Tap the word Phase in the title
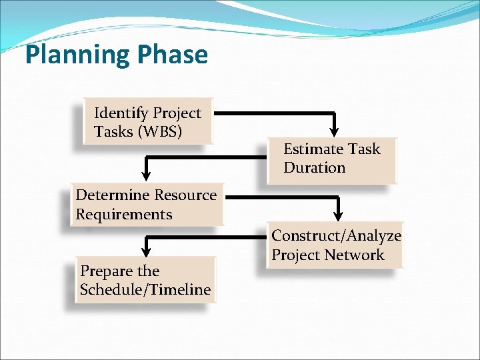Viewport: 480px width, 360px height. [x=171, y=55]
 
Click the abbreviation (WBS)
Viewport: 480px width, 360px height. [x=159, y=131]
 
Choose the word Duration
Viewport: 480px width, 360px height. [x=315, y=167]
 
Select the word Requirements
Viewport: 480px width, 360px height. [x=124, y=214]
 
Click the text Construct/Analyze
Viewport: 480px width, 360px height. [x=336, y=235]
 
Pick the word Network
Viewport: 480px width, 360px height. [x=360, y=255]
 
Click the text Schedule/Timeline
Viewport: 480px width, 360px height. [x=145, y=289]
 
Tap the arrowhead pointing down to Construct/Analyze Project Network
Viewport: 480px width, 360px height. [x=338, y=213]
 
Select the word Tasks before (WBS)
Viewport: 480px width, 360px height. [x=113, y=131]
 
